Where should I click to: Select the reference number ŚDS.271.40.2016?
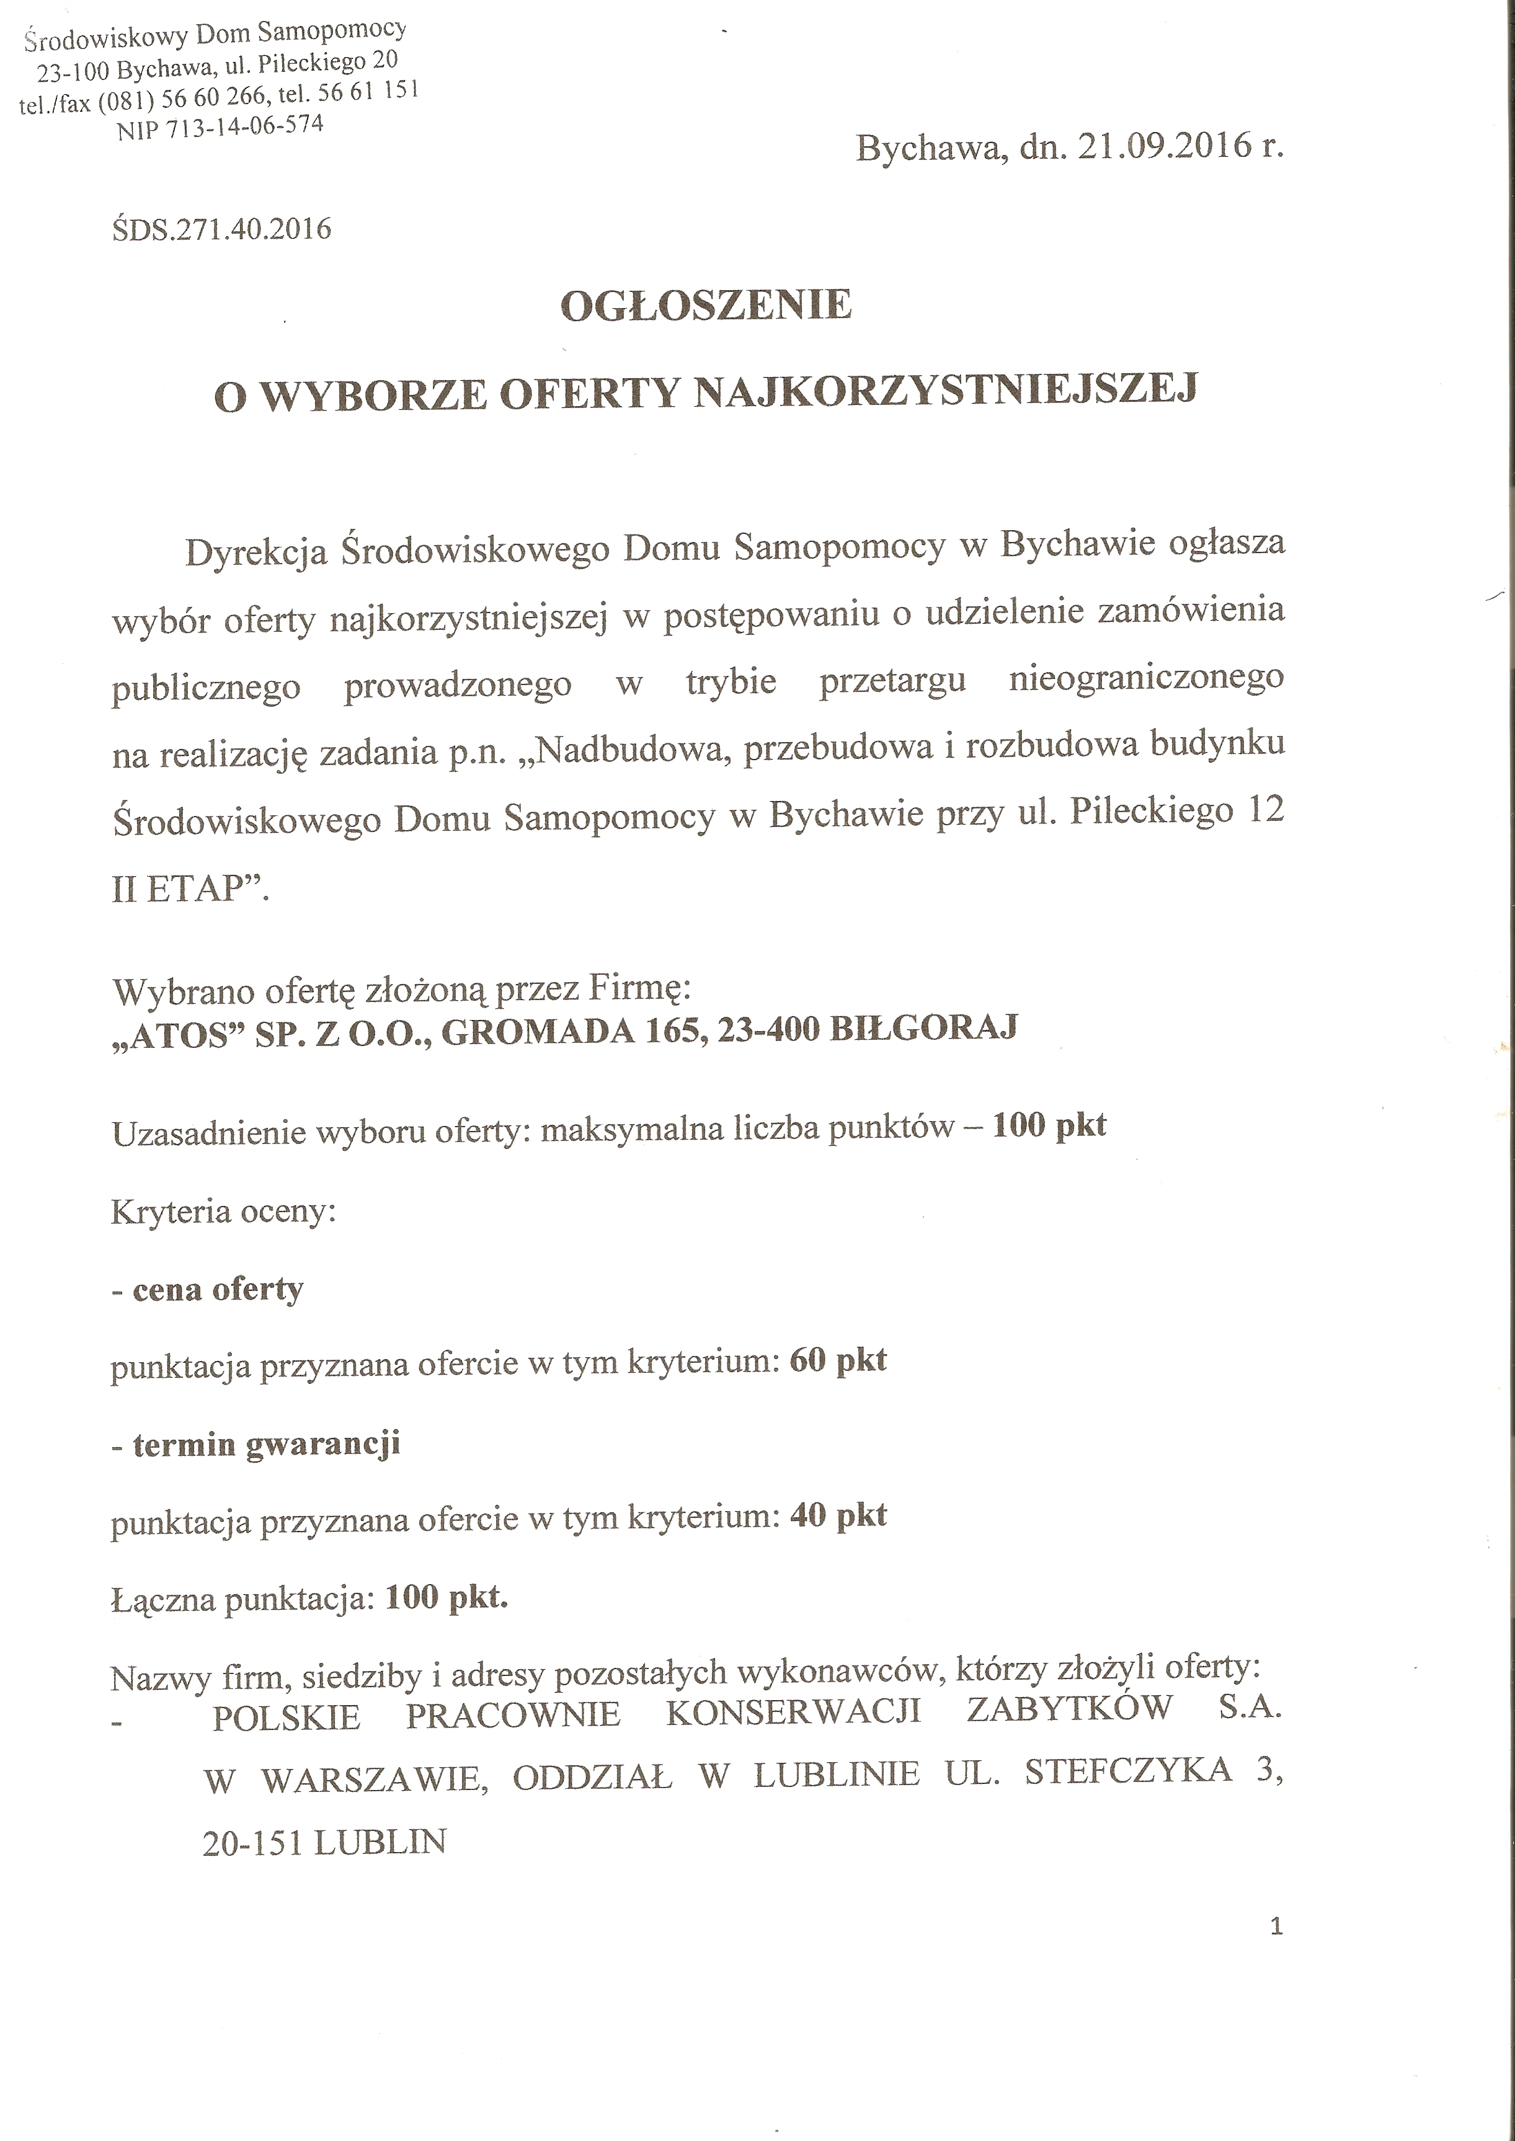tap(221, 229)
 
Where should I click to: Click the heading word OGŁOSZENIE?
tap(706, 305)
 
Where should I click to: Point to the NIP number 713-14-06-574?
tap(244, 127)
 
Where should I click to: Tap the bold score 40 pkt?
tap(838, 1515)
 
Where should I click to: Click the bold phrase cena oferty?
tap(218, 1290)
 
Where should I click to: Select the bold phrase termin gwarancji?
tap(266, 1445)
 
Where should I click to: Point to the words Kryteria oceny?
tap(223, 1212)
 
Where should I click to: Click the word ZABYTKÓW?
tap(1069, 1708)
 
